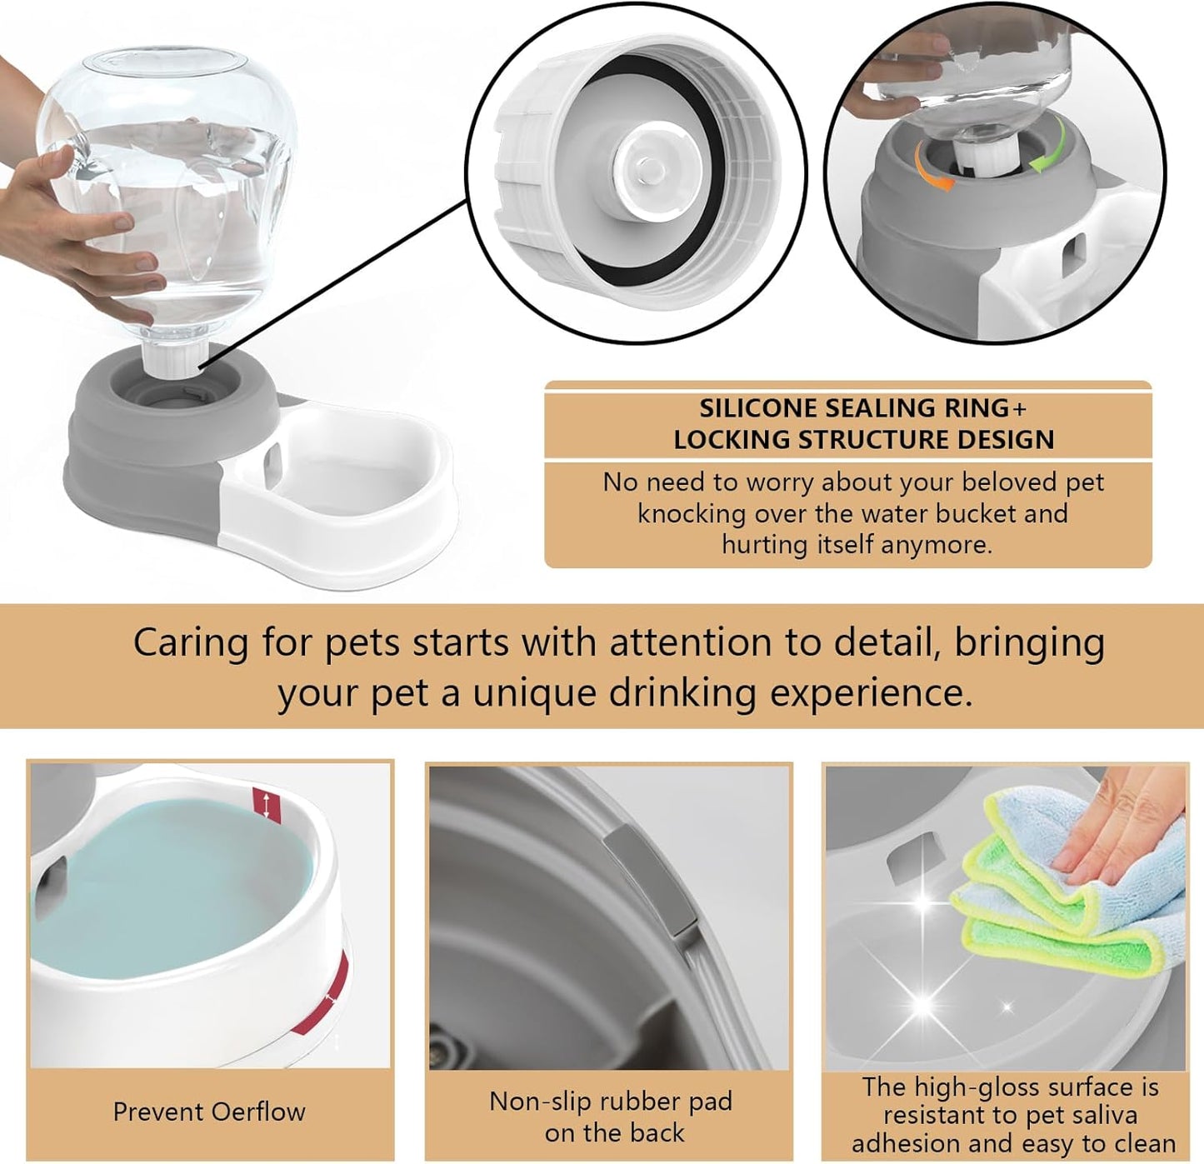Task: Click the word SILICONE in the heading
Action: point(758,408)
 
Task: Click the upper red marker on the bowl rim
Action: point(267,805)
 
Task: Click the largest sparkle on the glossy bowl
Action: point(922,1004)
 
